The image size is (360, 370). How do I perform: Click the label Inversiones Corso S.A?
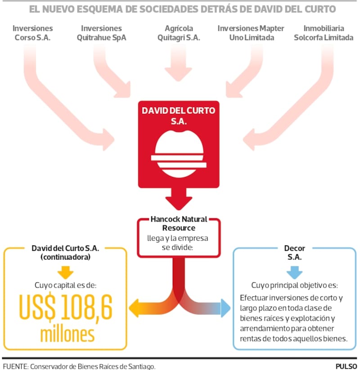click(x=33, y=33)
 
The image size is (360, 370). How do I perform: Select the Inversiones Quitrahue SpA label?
click(x=102, y=33)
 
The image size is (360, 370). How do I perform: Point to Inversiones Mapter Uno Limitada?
click(x=251, y=33)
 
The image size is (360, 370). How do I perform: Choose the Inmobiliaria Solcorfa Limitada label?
click(x=324, y=33)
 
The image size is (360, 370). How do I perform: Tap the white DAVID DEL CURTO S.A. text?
click(x=179, y=116)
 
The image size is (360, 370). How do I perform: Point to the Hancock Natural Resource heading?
click(x=179, y=224)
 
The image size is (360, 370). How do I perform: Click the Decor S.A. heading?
click(x=295, y=252)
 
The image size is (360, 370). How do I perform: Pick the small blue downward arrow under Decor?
click(x=295, y=272)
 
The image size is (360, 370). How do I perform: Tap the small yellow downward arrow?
click(x=66, y=272)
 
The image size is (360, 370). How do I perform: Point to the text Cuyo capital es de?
click(x=65, y=285)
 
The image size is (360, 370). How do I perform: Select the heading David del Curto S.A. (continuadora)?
click(x=66, y=252)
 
